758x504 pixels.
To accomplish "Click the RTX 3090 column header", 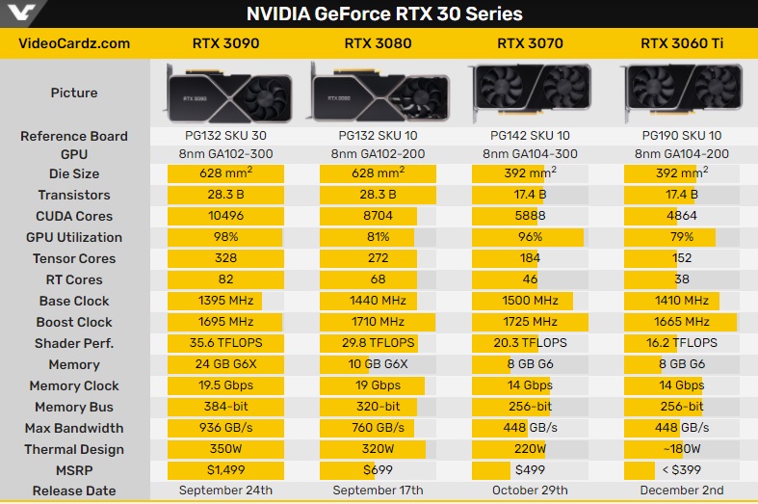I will (225, 43).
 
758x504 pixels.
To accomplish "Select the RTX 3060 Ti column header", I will (681, 43).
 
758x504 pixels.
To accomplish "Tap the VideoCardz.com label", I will (75, 43).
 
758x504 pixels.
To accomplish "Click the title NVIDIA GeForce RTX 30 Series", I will (384, 14).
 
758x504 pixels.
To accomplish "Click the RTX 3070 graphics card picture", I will (529, 93).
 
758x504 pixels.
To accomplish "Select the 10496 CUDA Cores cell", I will (225, 217).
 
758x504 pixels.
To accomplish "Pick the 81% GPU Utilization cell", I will (377, 238).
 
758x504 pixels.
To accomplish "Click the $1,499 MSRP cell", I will (225, 471).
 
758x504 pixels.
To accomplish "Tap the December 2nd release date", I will (681, 491).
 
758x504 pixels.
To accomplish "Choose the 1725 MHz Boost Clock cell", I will (529, 323).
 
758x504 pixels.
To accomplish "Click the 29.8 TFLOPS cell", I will (377, 344).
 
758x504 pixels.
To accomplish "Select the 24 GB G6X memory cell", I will (225, 365).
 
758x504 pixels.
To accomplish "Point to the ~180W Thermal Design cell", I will (681, 450).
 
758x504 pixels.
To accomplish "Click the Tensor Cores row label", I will (74, 259).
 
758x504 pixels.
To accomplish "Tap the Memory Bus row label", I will (74, 408).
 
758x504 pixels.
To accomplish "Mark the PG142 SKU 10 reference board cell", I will (529, 137).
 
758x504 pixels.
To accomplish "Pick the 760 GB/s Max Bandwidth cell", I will (377, 429).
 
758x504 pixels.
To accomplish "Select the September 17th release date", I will (377, 491).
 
